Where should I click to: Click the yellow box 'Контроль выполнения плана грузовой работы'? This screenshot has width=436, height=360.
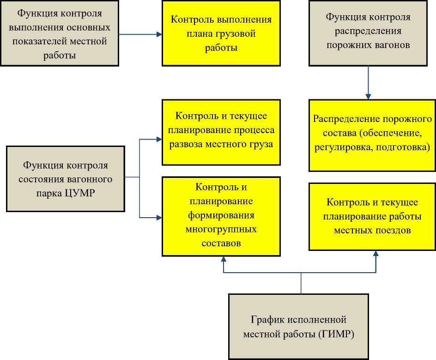click(221, 33)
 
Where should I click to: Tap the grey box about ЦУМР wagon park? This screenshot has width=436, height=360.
click(66, 178)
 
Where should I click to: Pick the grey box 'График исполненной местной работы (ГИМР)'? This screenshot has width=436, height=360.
click(299, 326)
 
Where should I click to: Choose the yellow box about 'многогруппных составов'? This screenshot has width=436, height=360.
click(221, 216)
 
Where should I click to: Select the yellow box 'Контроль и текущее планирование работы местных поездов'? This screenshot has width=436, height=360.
click(372, 216)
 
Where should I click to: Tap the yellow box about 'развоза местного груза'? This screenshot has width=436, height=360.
click(221, 131)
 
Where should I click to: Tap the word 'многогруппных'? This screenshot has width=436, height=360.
click(221, 229)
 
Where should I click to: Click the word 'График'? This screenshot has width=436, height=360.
click(268, 320)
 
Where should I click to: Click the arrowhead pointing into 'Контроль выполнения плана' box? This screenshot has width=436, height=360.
click(159, 34)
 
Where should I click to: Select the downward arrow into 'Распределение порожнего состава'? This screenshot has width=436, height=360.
click(368, 96)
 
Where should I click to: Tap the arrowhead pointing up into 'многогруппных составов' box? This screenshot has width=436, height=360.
click(224, 259)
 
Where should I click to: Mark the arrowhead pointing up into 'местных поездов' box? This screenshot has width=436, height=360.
click(376, 254)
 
